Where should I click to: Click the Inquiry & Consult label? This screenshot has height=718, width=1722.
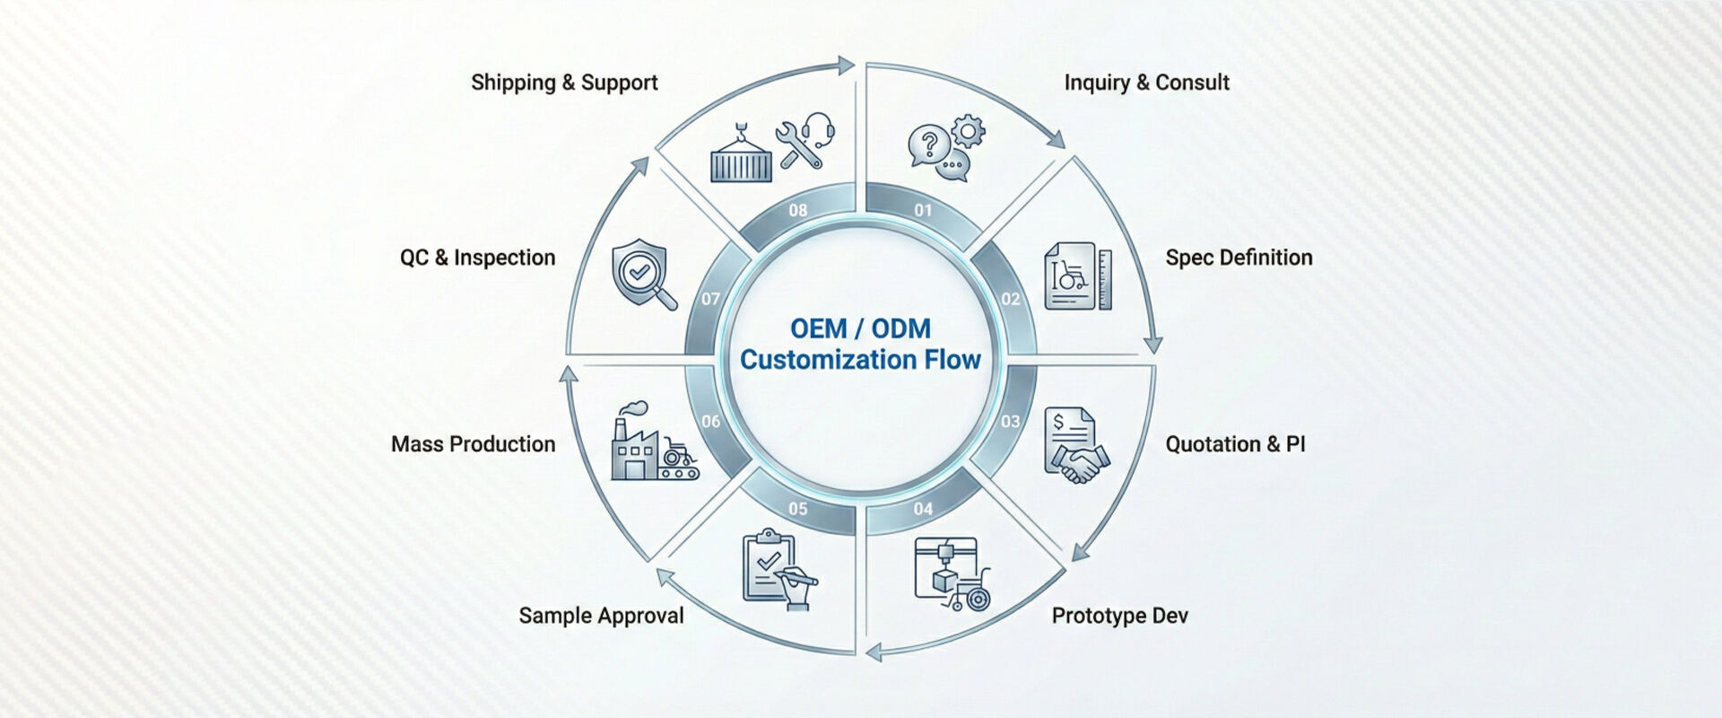1146,83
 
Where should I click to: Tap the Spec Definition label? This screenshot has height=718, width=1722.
1239,258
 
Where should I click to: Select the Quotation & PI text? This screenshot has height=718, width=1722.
1235,444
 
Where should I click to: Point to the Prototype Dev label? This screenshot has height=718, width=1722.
1119,616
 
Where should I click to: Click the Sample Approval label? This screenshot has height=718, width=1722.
601,616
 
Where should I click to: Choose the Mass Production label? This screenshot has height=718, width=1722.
473,444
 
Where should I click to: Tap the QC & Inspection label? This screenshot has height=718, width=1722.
477,258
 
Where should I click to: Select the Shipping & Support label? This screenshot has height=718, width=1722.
564,83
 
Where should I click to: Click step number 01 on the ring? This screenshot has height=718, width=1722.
923,211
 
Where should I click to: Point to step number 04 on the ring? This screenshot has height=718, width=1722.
923,509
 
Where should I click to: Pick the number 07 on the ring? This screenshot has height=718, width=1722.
710,299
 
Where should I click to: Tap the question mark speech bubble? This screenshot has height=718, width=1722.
929,144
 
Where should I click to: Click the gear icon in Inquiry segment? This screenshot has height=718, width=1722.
968,131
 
